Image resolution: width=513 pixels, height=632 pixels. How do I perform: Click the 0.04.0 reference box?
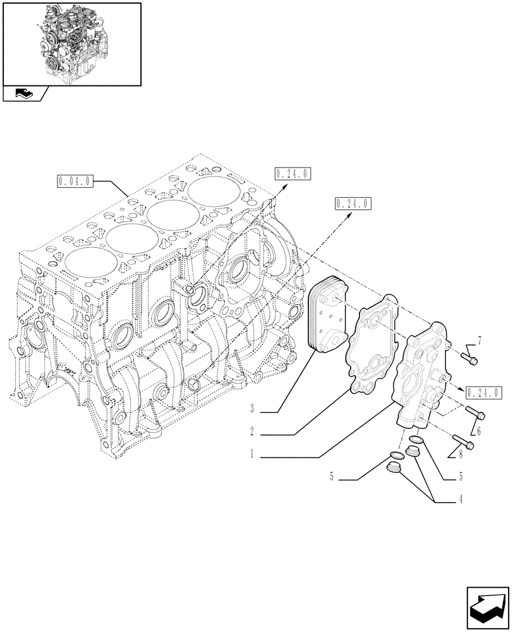[75, 181]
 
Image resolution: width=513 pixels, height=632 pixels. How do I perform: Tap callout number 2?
[251, 432]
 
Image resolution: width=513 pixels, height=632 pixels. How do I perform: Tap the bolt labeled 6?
[477, 413]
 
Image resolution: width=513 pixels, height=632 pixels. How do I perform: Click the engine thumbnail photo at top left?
[71, 43]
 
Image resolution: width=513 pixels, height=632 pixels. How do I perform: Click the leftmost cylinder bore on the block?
[86, 265]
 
